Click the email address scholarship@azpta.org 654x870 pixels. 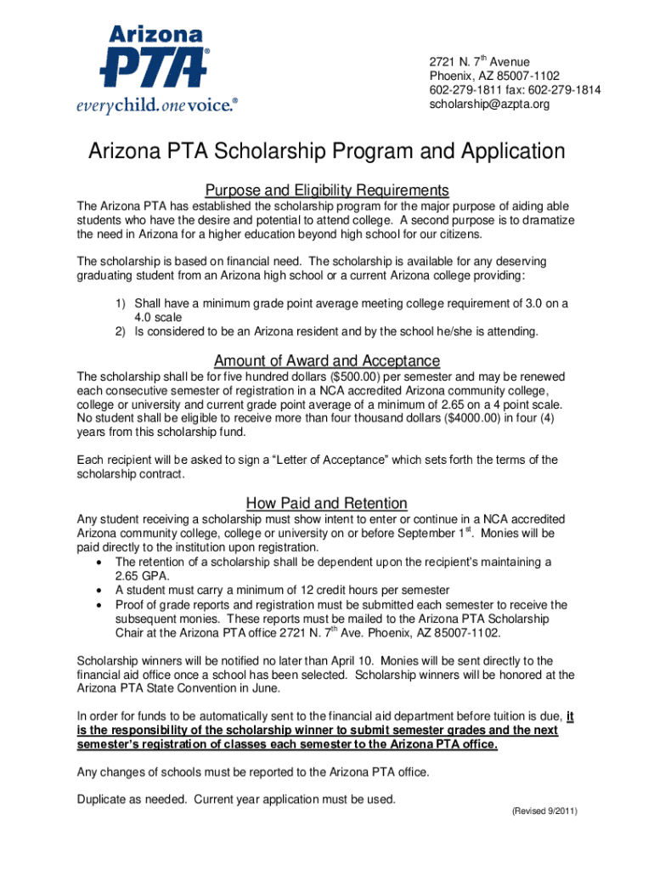click(489, 104)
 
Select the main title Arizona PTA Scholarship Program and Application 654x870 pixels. click(327, 152)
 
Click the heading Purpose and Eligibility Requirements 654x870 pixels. click(327, 189)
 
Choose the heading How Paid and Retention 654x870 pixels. click(327, 502)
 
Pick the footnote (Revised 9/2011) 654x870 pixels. click(544, 811)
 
